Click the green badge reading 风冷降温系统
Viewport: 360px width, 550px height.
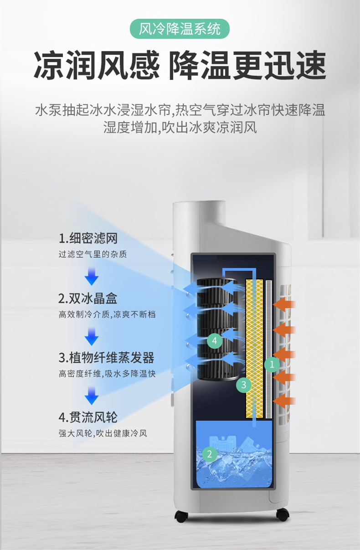click(180, 29)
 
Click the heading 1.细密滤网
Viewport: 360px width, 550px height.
click(88, 238)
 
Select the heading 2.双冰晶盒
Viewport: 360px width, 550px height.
click(88, 298)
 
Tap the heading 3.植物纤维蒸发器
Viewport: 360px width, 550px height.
click(106, 357)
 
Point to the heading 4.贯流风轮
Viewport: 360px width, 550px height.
click(88, 417)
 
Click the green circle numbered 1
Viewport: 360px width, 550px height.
click(272, 364)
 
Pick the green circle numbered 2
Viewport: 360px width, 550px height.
click(209, 454)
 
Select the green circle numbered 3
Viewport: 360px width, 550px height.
click(244, 385)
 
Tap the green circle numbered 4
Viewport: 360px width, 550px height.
click(215, 340)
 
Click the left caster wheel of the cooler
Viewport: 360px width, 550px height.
click(182, 516)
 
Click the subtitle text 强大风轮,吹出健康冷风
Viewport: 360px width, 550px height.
click(103, 433)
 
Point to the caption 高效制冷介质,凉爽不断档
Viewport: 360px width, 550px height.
click(107, 314)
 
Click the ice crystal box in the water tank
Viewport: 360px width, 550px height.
click(228, 444)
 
